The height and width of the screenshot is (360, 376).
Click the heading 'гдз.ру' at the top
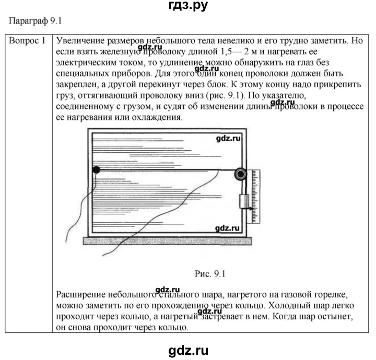pos(187,7)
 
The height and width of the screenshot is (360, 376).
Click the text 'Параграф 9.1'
pos(35,21)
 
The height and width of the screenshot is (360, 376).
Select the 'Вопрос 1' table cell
pos(29,41)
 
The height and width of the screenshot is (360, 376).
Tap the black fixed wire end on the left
pos(96,170)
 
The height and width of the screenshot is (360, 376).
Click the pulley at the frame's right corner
pos(241,174)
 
